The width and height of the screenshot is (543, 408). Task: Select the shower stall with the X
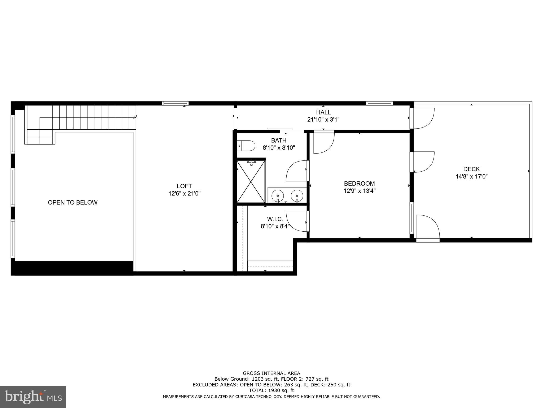point(251,182)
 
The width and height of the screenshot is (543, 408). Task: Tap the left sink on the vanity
point(278,196)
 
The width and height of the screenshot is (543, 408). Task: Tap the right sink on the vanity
point(297,196)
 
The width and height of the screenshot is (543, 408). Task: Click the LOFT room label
point(184,186)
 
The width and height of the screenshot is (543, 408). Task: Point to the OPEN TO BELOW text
point(73,202)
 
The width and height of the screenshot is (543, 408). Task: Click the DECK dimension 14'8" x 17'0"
point(471,176)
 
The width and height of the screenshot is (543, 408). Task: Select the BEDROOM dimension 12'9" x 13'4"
point(359,190)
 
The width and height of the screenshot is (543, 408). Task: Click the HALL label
point(323,112)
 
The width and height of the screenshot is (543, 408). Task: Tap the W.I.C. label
point(275,219)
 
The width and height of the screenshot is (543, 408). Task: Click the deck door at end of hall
point(423,118)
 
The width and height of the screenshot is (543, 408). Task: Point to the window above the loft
point(175,104)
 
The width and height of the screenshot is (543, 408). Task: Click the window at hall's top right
point(379,104)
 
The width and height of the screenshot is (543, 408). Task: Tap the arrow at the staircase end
point(134,117)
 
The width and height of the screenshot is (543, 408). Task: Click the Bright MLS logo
point(33,397)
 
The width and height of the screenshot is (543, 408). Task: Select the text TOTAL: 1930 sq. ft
point(271,390)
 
